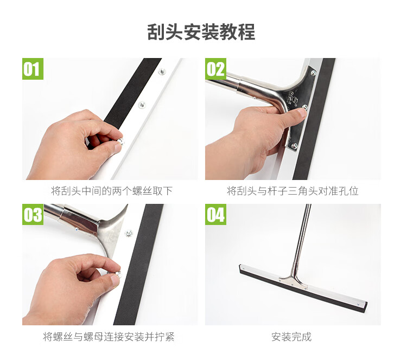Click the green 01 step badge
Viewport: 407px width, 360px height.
coord(33,69)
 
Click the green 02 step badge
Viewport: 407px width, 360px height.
coord(215,69)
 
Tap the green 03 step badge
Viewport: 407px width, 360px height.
coord(33,214)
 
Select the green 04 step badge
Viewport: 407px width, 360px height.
coord(215,214)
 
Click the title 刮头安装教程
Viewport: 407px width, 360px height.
coord(201,32)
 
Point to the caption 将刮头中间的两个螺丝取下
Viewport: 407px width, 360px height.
coord(112,191)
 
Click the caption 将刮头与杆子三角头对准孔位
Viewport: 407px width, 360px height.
coord(293,191)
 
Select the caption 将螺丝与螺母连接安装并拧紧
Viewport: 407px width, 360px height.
coord(109,337)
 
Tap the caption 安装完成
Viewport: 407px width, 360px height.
coord(291,337)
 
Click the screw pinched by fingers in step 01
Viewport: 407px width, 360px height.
coord(120,142)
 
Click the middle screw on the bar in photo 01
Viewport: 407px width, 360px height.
coord(142,105)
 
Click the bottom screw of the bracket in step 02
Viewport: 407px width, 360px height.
coord(295,145)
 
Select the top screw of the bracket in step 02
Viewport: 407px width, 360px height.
coord(313,73)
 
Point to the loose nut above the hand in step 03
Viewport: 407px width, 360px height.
coord(128,233)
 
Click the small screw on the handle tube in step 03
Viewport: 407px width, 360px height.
coord(77,229)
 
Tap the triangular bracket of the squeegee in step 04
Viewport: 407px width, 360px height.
coord(293,281)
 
